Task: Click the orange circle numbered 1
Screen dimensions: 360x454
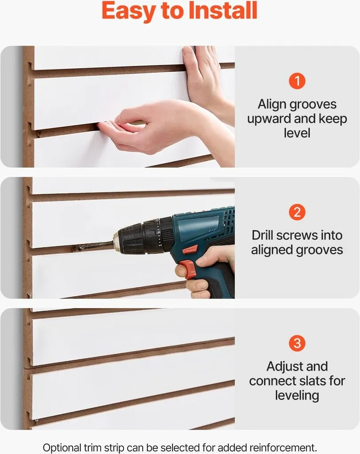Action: [x=297, y=81]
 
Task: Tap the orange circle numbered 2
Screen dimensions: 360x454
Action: [x=297, y=212]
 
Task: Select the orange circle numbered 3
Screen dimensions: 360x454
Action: [x=297, y=343]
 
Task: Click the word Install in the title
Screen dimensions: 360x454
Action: [x=223, y=11]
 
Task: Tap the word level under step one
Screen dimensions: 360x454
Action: [x=297, y=133]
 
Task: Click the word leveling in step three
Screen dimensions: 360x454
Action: [x=297, y=396]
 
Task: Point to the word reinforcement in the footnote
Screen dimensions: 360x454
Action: [x=282, y=448]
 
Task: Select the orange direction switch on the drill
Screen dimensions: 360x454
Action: [x=191, y=249]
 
